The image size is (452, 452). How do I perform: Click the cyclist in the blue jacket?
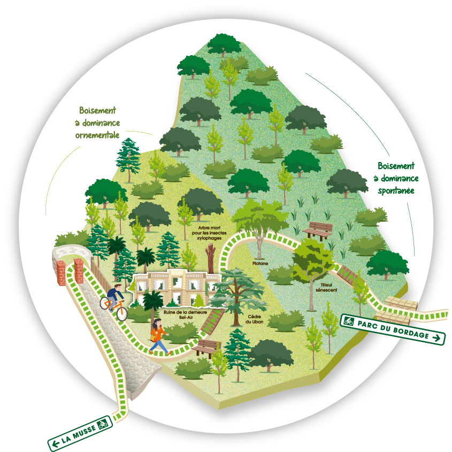[114, 296]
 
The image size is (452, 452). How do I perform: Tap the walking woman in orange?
[158, 336]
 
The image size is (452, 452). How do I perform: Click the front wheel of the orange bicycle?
[122, 314]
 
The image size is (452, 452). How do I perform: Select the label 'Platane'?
[260, 263]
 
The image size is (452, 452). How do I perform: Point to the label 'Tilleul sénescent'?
[326, 287]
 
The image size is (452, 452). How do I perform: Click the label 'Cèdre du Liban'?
[254, 319]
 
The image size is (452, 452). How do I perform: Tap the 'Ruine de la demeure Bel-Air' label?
[186, 315]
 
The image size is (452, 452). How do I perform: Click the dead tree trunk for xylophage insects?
[210, 258]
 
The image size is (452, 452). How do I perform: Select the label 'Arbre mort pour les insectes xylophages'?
[209, 233]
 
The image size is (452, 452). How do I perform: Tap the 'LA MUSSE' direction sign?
[80, 432]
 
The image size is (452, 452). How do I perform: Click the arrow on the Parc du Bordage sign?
[436, 338]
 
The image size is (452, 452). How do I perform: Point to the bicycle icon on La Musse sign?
[103, 424]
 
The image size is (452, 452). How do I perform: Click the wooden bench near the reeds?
[317, 231]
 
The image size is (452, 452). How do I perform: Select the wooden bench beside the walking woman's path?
[205, 348]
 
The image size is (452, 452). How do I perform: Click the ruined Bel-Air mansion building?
[177, 287]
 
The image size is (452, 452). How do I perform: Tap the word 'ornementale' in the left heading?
[97, 135]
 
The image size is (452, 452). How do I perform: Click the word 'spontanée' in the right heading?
[396, 191]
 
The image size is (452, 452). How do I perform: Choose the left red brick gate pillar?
[61, 273]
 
